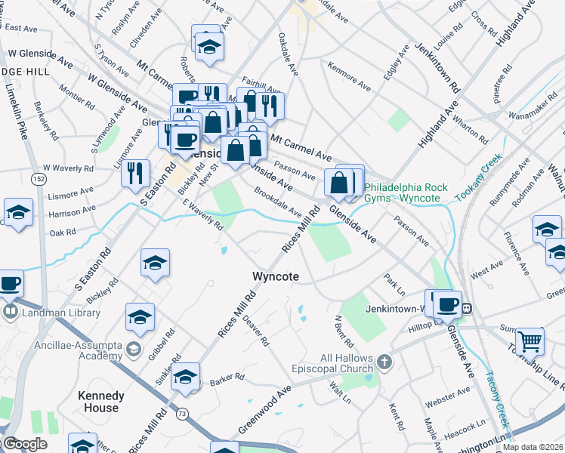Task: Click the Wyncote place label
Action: (275, 277)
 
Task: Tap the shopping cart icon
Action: (529, 341)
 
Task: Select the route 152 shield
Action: (38, 179)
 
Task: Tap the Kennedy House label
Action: (101, 402)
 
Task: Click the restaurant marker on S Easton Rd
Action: (135, 173)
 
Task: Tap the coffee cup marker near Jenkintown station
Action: (446, 304)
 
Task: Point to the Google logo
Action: (24, 443)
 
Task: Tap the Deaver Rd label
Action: (256, 331)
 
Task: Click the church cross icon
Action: (384, 362)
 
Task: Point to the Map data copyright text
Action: (532, 447)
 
